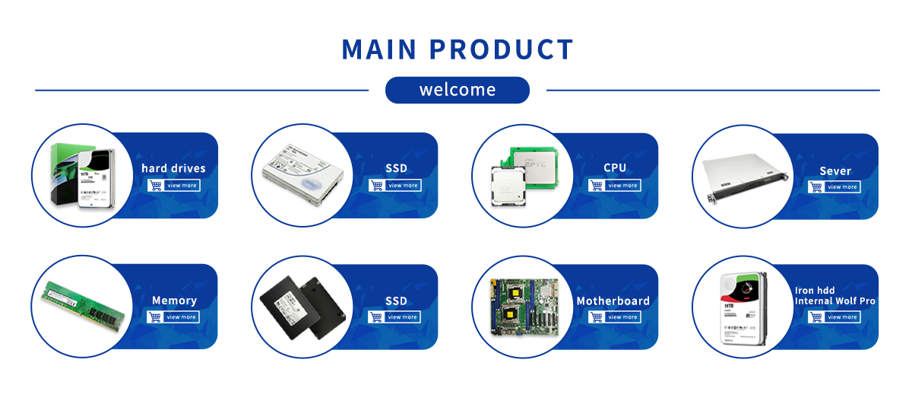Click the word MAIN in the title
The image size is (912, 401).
[x=379, y=49]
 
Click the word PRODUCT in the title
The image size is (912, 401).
[x=501, y=49]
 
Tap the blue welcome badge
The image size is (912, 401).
[x=457, y=90]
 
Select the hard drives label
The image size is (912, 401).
[x=173, y=168]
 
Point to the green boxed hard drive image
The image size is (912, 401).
[x=80, y=175]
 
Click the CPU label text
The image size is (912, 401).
[x=615, y=168]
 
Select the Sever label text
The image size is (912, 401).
[x=835, y=171]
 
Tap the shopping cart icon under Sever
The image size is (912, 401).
[x=816, y=186]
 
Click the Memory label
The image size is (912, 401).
[x=174, y=301]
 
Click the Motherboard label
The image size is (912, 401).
[x=613, y=301]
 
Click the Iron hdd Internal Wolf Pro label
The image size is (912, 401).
[x=834, y=296]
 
